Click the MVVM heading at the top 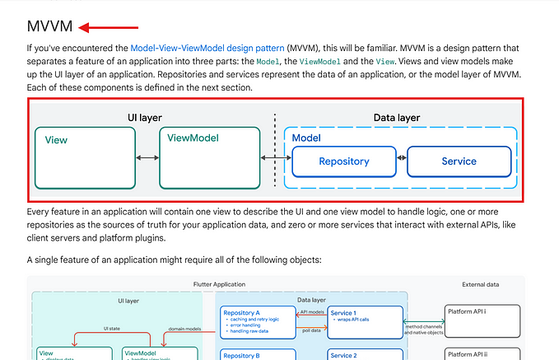pyautogui.click(x=49, y=27)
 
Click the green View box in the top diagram pyautogui.click(x=85, y=157)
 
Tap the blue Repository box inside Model pyautogui.click(x=343, y=161)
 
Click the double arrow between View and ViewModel pyautogui.click(x=147, y=157)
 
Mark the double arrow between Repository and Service pyautogui.click(x=401, y=158)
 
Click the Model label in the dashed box pyautogui.click(x=306, y=138)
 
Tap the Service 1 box pyautogui.click(x=365, y=322)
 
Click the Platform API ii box pyautogui.click(x=483, y=353)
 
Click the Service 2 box pyautogui.click(x=365, y=354)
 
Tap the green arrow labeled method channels pyautogui.click(x=423, y=321)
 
